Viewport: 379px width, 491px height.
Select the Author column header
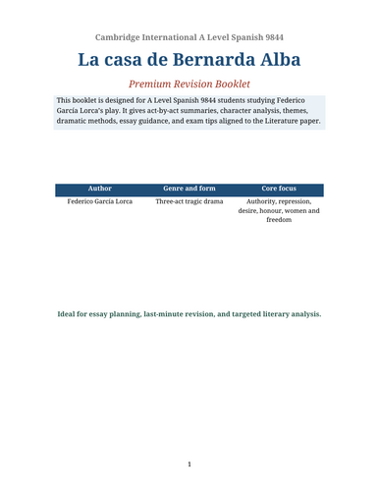[100, 187]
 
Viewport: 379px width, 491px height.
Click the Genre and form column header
[189, 187]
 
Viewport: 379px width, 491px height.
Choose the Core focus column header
[278, 187]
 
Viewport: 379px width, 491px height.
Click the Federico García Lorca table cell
[100, 201]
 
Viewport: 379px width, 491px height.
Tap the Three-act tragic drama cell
[189, 201]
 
